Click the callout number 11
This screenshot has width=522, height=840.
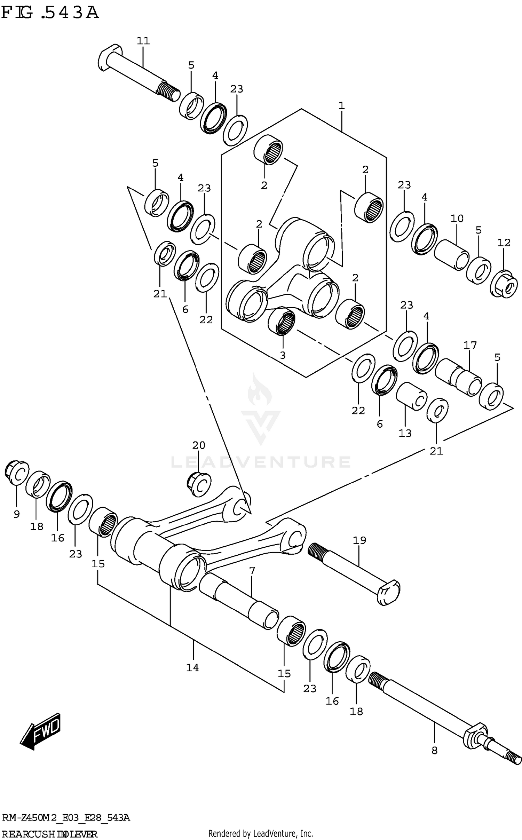(x=143, y=41)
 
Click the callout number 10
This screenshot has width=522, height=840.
(x=457, y=219)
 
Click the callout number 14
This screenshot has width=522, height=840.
(x=192, y=667)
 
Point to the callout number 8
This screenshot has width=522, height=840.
(x=434, y=751)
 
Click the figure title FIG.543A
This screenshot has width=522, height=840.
(x=50, y=13)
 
